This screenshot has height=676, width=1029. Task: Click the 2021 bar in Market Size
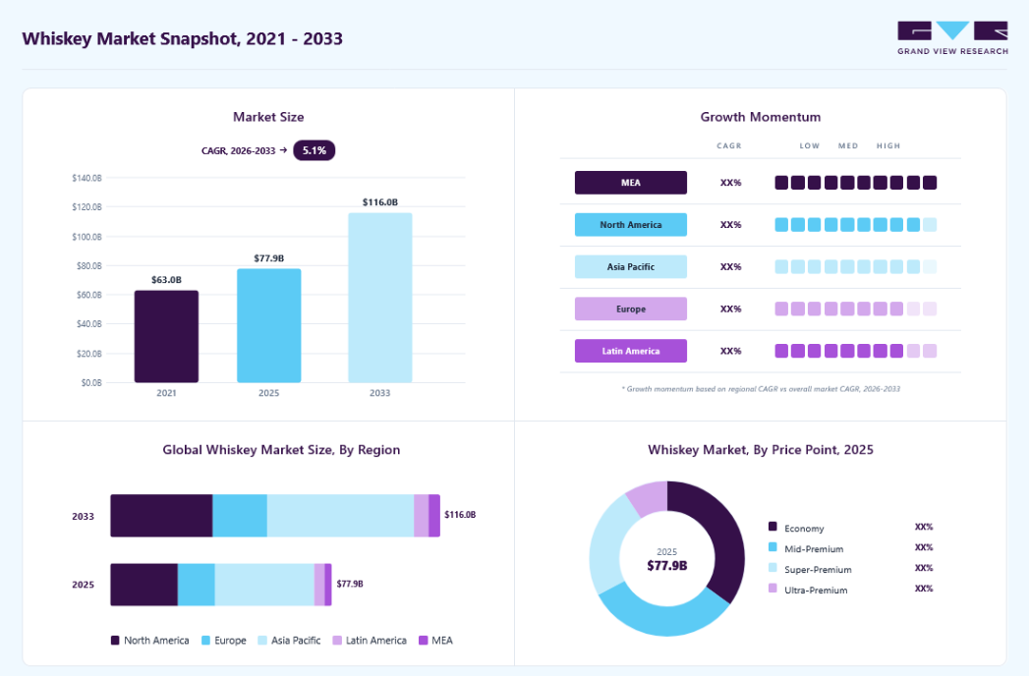(166, 336)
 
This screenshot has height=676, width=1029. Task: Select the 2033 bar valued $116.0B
(380, 298)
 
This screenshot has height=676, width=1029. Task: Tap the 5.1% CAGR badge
(314, 150)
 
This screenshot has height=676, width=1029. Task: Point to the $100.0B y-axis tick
(86, 236)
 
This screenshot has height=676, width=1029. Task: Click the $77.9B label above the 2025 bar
(269, 258)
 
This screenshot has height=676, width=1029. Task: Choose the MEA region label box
(631, 183)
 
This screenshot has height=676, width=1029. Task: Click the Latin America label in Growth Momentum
(631, 351)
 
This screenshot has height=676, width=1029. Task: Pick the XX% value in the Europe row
(730, 310)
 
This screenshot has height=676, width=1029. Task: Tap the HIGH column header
(888, 145)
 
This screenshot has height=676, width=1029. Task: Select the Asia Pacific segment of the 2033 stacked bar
(341, 516)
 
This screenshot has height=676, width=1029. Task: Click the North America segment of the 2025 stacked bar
(143, 584)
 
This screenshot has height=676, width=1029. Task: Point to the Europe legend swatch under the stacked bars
(206, 641)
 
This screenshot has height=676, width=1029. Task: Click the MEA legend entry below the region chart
(435, 641)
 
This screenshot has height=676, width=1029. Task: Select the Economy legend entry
(796, 528)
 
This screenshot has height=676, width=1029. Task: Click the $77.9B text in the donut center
(666, 566)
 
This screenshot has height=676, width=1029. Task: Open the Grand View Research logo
(952, 38)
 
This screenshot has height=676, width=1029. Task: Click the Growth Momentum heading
(761, 117)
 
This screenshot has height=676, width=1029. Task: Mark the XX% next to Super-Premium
(924, 568)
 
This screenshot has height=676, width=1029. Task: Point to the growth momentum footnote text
(761, 389)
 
